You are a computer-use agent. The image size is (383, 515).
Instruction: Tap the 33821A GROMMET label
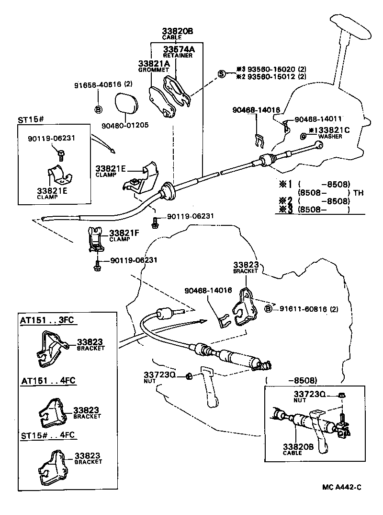point(154,66)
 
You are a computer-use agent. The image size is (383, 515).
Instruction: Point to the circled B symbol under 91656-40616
point(98,109)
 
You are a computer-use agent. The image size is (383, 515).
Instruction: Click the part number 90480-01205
point(125,125)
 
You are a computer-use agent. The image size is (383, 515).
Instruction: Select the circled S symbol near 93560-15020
point(222,73)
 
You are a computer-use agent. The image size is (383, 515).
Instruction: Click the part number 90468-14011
point(320,119)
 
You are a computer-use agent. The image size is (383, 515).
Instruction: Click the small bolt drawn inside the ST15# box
point(61,153)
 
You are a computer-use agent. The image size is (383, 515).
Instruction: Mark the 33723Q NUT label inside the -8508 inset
point(309,396)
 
